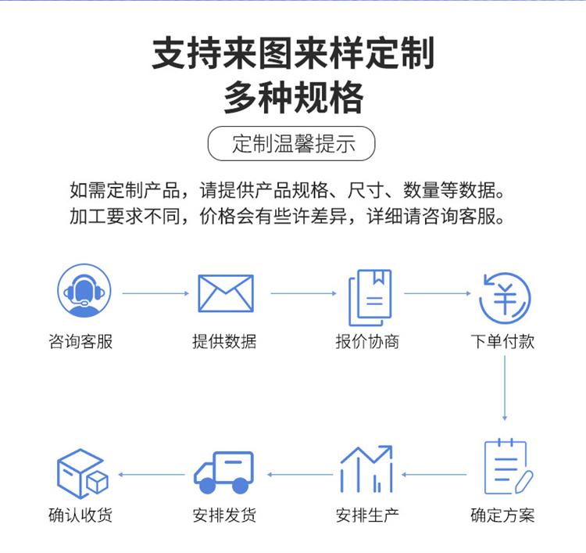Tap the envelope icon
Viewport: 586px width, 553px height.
(x=226, y=294)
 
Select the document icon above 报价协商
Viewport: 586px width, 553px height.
(x=369, y=296)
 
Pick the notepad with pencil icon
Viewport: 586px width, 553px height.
(x=506, y=468)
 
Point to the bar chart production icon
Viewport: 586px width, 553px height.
(x=366, y=469)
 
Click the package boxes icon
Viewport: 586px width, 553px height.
(x=81, y=473)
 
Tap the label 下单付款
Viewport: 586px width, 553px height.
(x=503, y=342)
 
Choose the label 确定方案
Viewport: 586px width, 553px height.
(x=503, y=515)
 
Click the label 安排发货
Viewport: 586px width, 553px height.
(x=224, y=515)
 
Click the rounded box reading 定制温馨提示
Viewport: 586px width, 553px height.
(x=292, y=145)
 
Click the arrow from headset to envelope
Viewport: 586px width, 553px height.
(x=155, y=293)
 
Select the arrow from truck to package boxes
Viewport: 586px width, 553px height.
(x=152, y=474)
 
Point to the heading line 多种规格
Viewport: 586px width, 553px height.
(x=293, y=99)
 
